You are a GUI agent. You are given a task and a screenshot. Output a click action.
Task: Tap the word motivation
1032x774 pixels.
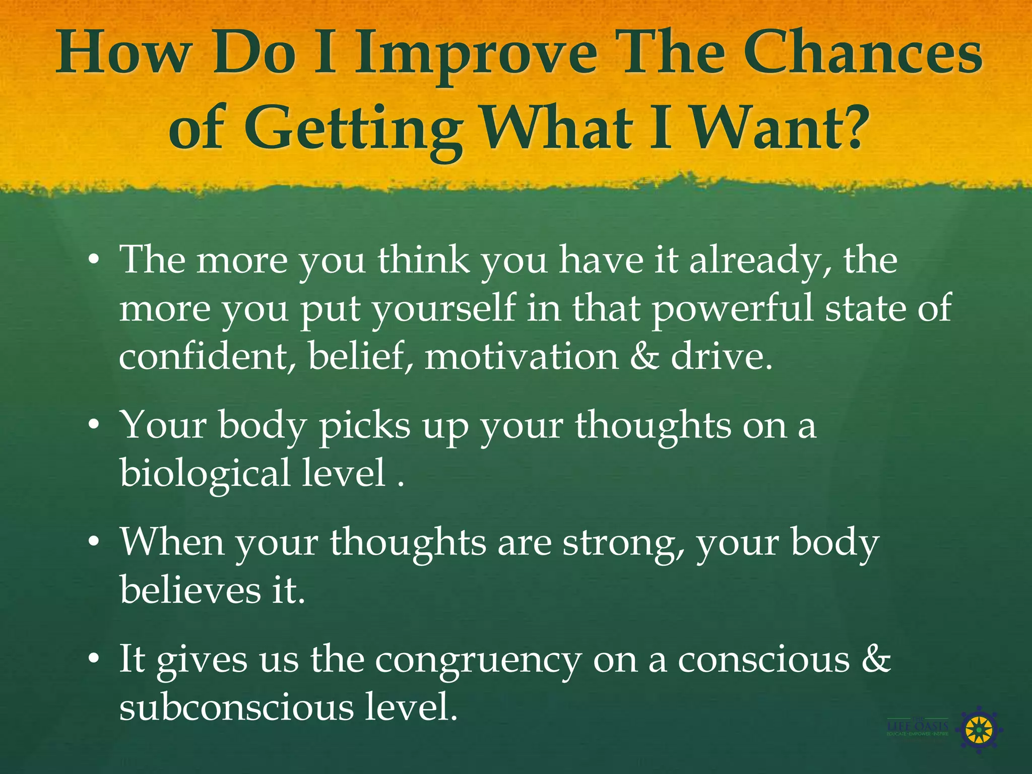(x=522, y=356)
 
